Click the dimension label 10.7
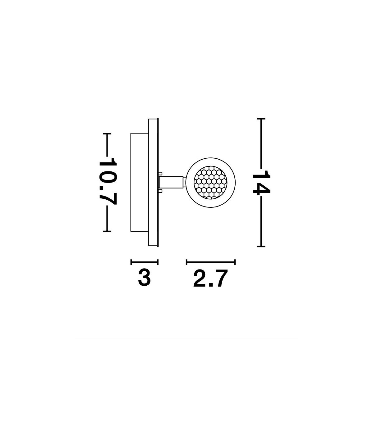coord(108,181)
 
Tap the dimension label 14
coord(261,182)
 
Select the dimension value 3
coord(144,278)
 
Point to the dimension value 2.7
coord(210,279)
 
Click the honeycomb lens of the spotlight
coord(210,182)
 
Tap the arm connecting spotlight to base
coord(171,182)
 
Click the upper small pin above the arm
coord(160,174)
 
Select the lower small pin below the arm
coord(160,191)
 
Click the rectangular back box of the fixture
coord(140,182)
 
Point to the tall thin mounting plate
coord(153,182)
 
